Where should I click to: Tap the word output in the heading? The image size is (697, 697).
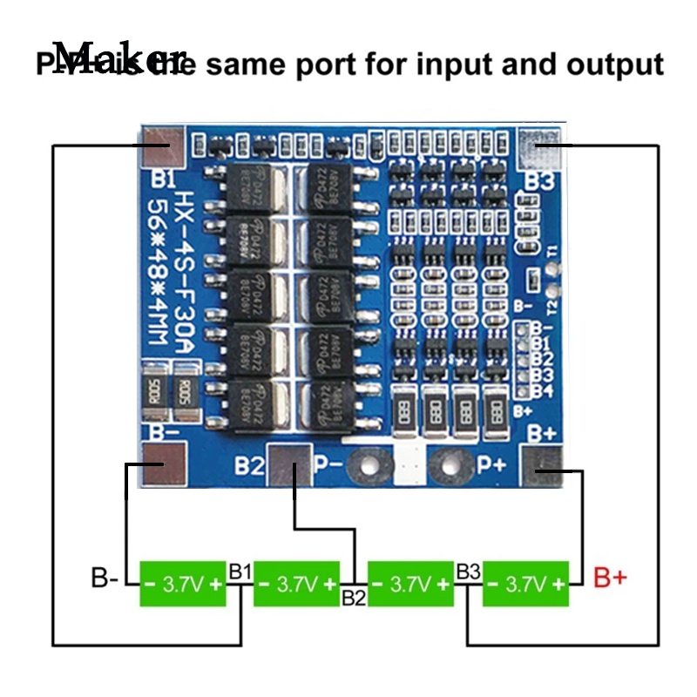[614, 64]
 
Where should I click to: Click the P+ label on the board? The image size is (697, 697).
[493, 464]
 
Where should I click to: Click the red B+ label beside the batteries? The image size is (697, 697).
[610, 578]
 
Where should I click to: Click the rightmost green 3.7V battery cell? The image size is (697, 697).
[525, 584]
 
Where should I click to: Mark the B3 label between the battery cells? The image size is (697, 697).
[468, 572]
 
